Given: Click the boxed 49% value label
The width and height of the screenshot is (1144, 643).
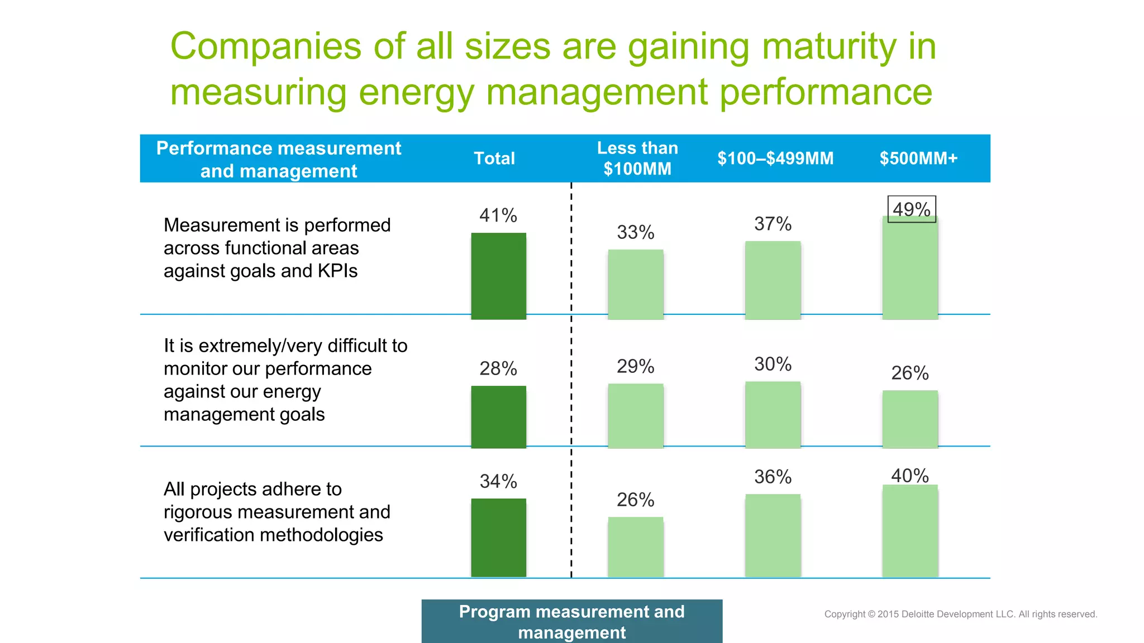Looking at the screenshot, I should (912, 209).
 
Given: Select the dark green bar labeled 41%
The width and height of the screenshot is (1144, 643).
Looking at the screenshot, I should (498, 276).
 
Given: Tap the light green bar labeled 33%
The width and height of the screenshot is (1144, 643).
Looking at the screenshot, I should (636, 284).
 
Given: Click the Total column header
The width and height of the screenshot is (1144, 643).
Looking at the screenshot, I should (494, 159).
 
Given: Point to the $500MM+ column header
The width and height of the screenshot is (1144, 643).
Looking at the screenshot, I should (918, 159).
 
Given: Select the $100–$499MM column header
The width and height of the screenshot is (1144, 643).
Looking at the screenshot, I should (775, 159).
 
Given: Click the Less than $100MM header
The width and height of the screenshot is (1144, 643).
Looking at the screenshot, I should (637, 159).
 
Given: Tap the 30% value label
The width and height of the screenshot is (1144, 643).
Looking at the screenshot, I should (773, 364).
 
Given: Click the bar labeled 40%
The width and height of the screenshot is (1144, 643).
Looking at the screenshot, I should (910, 531).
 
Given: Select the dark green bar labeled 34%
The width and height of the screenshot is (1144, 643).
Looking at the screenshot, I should (498, 538).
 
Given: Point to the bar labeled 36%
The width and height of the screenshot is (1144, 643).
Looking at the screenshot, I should (773, 535).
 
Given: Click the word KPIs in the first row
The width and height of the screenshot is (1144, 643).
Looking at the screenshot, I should (337, 271).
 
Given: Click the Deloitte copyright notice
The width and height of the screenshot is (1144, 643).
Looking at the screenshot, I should (960, 614).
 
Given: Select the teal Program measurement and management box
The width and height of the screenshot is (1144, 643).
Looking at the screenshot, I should (571, 621).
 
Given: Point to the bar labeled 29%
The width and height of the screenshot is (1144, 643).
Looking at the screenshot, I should (636, 415).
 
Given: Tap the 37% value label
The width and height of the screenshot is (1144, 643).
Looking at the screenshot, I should (773, 224).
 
